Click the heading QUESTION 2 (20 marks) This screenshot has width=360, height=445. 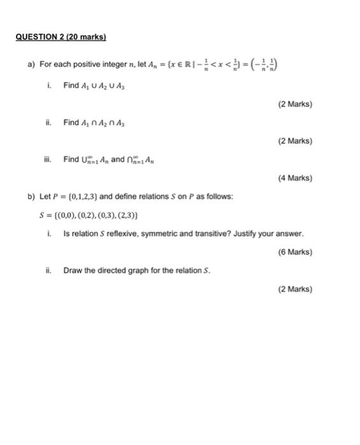coord(61,38)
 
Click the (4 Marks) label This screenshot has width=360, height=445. coord(295,179)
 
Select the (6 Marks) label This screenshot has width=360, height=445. coord(295,252)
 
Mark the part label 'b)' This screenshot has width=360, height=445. coord(31,196)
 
